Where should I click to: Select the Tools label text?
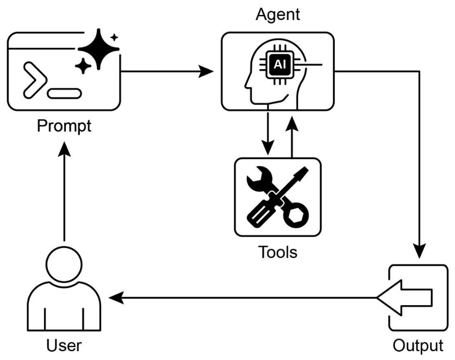277,253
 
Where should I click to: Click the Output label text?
417,346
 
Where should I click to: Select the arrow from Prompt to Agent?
167,72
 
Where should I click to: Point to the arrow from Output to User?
241,297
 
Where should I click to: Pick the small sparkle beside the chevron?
84,66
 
